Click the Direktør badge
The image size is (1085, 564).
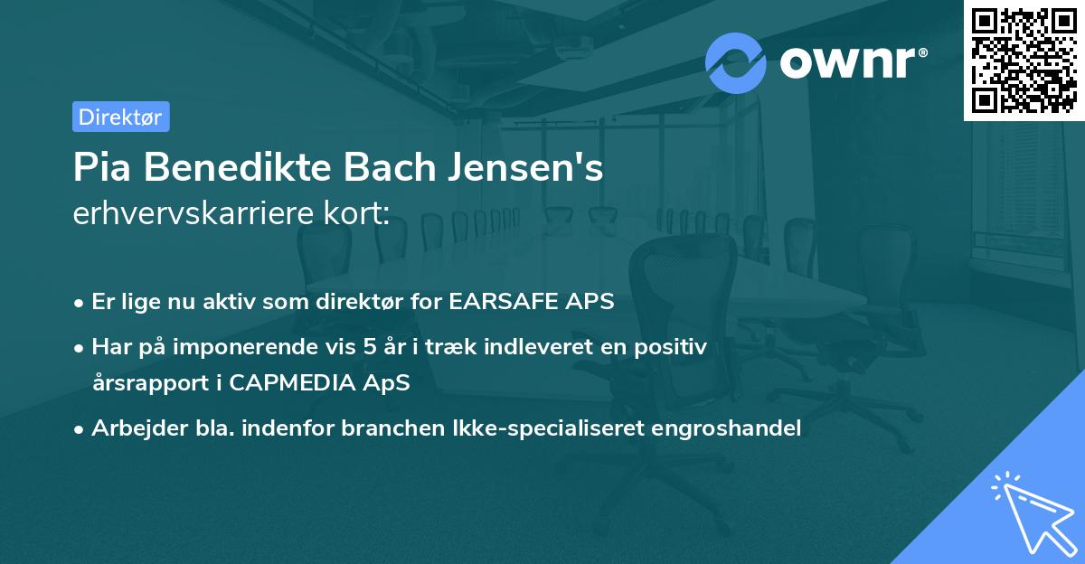[x=120, y=117]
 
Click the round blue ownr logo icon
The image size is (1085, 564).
[x=735, y=62]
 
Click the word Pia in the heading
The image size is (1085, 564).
[x=101, y=169]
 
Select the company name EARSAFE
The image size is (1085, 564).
[x=496, y=302]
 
